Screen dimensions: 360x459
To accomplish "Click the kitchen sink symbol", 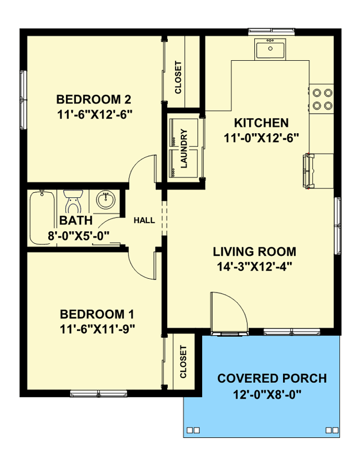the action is click(270, 50).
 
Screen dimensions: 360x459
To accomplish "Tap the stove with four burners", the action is click(322, 99).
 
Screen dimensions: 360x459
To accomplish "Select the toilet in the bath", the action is click(73, 201).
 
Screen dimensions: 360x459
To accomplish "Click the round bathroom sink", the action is click(106, 200).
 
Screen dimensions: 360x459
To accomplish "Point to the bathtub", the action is click(42, 217).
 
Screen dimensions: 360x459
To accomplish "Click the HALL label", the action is click(144, 220).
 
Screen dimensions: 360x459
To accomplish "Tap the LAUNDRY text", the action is click(184, 149).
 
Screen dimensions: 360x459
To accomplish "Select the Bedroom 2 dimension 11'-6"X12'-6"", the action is click(94, 114).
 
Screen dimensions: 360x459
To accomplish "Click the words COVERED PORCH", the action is click(272, 378).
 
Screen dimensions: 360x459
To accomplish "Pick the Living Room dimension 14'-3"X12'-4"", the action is click(254, 267).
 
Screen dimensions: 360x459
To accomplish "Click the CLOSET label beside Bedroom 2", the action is click(178, 77).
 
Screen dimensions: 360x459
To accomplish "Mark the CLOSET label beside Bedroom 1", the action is click(183, 362).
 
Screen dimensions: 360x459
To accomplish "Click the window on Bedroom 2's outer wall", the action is click(23, 99).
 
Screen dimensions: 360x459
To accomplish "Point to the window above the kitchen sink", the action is click(271, 32).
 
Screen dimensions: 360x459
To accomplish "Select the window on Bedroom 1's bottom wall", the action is click(98, 394).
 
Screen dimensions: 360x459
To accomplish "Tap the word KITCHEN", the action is click(261, 123).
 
